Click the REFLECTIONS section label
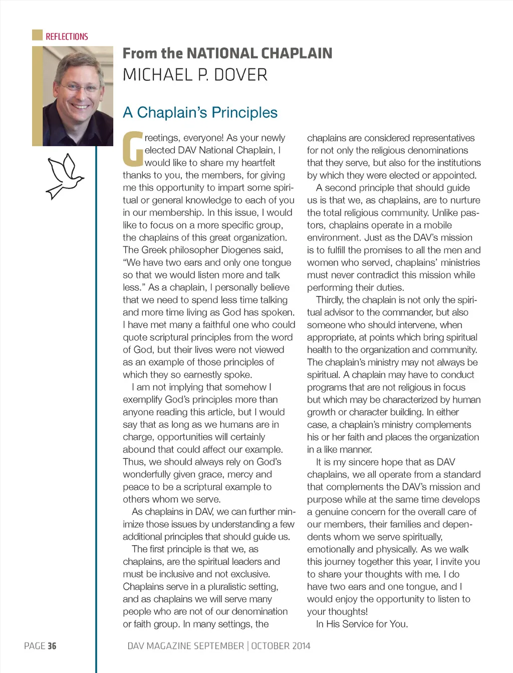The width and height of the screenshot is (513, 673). [67, 37]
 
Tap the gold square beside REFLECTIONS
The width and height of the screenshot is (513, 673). [37, 35]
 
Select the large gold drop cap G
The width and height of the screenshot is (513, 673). [133, 149]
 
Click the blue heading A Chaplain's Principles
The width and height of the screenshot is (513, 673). [200, 112]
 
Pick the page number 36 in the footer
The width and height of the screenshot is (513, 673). [52, 646]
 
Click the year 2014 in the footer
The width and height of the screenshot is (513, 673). [298, 646]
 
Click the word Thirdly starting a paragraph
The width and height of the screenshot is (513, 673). [330, 300]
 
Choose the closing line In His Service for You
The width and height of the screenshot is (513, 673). [362, 624]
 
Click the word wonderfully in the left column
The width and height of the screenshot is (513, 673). [149, 474]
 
